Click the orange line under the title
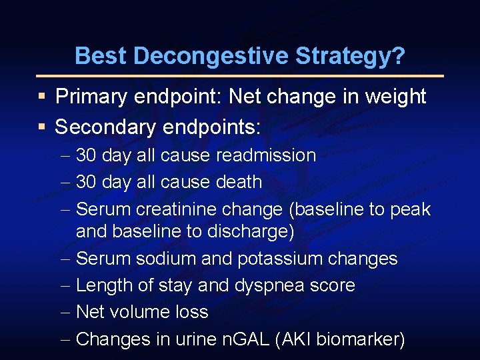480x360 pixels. point(240,76)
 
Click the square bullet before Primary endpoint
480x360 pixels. point(41,97)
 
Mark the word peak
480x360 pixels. point(410,209)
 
